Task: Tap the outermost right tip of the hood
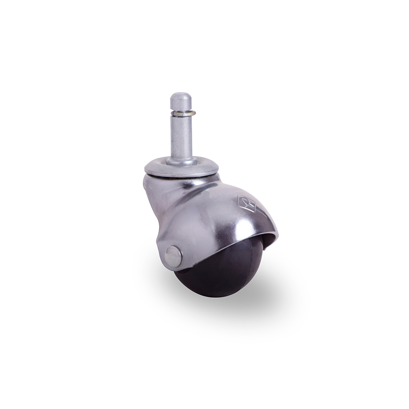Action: (x=278, y=236)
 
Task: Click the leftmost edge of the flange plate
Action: (x=145, y=168)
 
